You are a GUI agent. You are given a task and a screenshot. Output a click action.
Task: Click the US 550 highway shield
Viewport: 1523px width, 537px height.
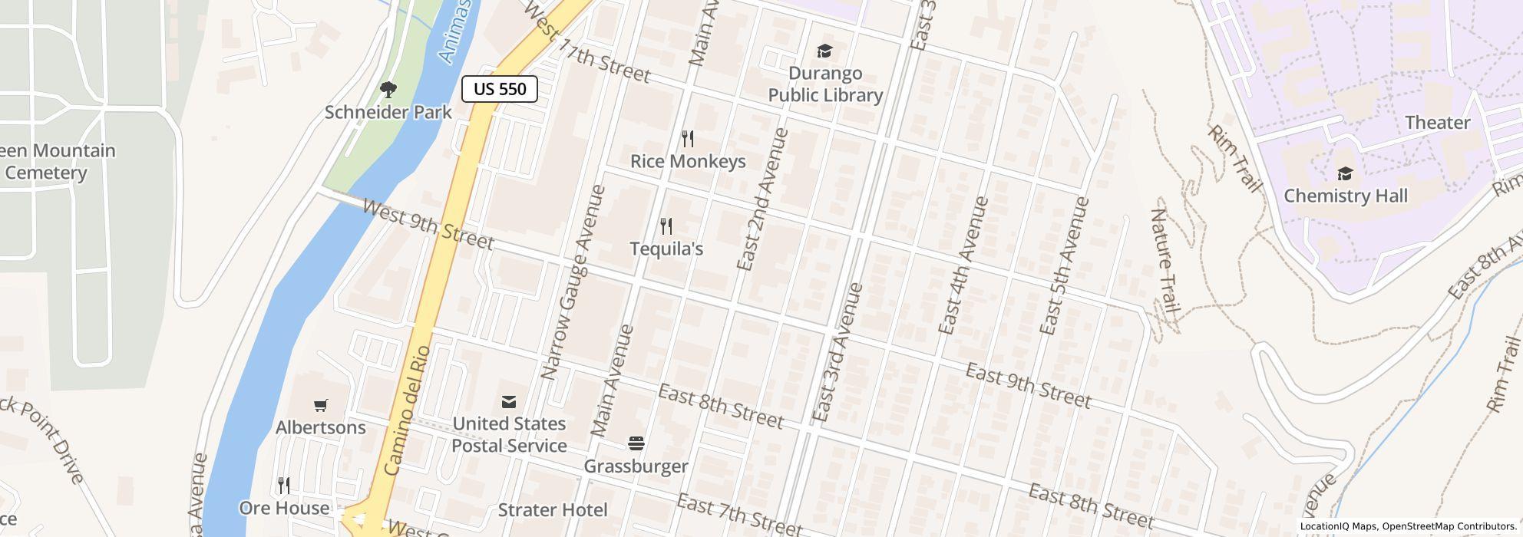coord(499,89)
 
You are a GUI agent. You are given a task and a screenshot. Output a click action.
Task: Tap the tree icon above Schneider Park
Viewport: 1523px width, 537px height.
coord(388,90)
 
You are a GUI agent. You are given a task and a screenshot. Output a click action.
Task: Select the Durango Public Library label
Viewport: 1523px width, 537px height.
coord(825,84)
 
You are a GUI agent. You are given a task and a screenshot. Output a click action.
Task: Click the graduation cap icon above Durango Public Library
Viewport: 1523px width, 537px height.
coord(824,51)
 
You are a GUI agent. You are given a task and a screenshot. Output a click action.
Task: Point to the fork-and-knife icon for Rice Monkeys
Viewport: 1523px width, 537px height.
coord(688,139)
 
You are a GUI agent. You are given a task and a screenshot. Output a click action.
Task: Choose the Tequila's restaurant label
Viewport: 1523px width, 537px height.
coord(666,249)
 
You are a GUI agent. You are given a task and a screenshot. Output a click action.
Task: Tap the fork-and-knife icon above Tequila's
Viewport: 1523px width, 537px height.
coord(666,226)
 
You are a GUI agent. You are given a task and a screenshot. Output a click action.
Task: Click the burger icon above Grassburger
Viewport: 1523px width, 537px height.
coord(636,443)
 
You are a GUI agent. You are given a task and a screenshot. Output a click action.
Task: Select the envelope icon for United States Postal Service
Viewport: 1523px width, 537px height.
coord(508,402)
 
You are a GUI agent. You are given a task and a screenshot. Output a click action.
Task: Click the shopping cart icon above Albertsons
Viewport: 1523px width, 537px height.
coord(321,405)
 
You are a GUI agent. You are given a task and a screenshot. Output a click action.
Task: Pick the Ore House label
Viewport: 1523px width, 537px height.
coord(284,509)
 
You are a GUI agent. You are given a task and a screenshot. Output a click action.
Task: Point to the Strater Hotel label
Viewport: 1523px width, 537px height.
coord(553,510)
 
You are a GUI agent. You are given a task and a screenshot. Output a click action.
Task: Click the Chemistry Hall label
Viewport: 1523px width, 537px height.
coord(1346,196)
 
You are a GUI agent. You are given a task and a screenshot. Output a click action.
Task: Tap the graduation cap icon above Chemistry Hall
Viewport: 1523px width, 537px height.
coord(1345,173)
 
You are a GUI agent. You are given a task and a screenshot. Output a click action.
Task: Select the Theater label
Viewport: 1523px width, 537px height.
coord(1437,123)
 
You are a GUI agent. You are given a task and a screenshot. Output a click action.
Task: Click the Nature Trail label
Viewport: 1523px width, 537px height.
coord(1164,262)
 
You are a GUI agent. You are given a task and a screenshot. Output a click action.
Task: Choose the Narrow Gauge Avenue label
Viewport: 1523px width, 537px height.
coord(573,282)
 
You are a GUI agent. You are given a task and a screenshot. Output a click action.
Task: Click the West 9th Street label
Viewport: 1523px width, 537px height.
coord(428,225)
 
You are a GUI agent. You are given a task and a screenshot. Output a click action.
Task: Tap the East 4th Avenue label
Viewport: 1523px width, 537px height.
coord(963,265)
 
